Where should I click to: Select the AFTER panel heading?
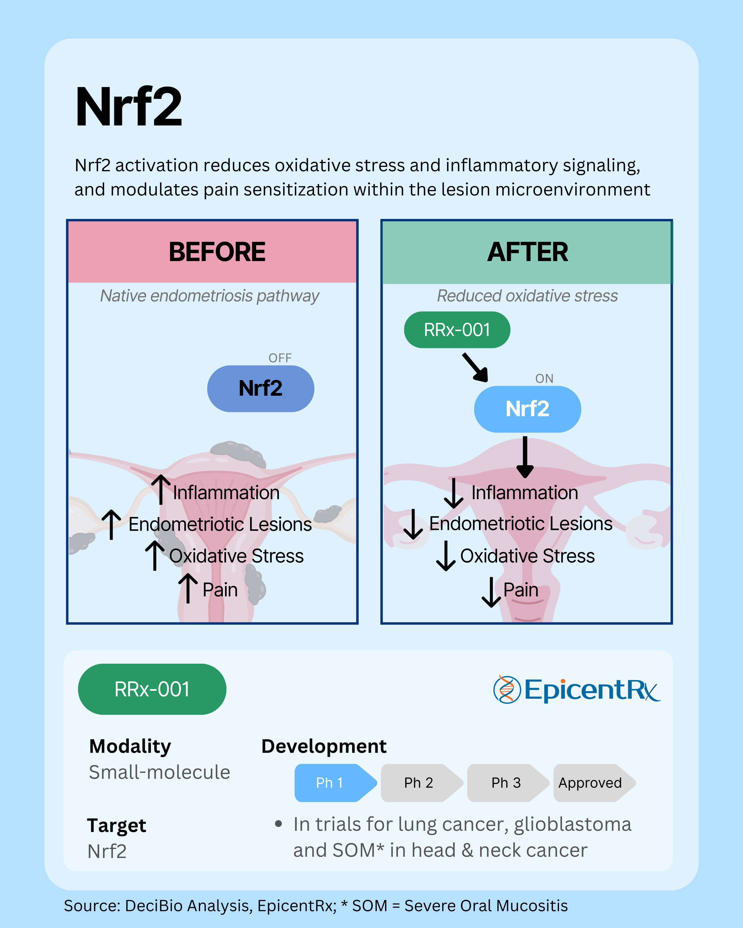[x=527, y=252]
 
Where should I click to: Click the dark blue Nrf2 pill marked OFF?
[x=261, y=388]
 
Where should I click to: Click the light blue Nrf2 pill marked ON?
[x=527, y=409]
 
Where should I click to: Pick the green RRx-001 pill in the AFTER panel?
[x=457, y=330]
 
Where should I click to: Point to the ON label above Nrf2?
[x=544, y=378]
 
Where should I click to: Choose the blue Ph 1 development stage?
[x=331, y=782]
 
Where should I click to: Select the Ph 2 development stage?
[x=419, y=782]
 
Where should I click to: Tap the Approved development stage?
[x=590, y=782]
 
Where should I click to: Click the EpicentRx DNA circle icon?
[x=506, y=689]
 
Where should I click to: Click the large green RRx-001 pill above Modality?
[x=152, y=689]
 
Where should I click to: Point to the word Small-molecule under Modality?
[x=159, y=772]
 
